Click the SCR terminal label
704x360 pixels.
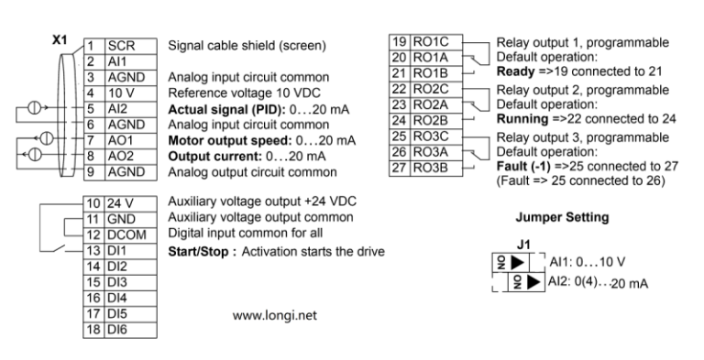121,45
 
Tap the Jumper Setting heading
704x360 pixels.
560,219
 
